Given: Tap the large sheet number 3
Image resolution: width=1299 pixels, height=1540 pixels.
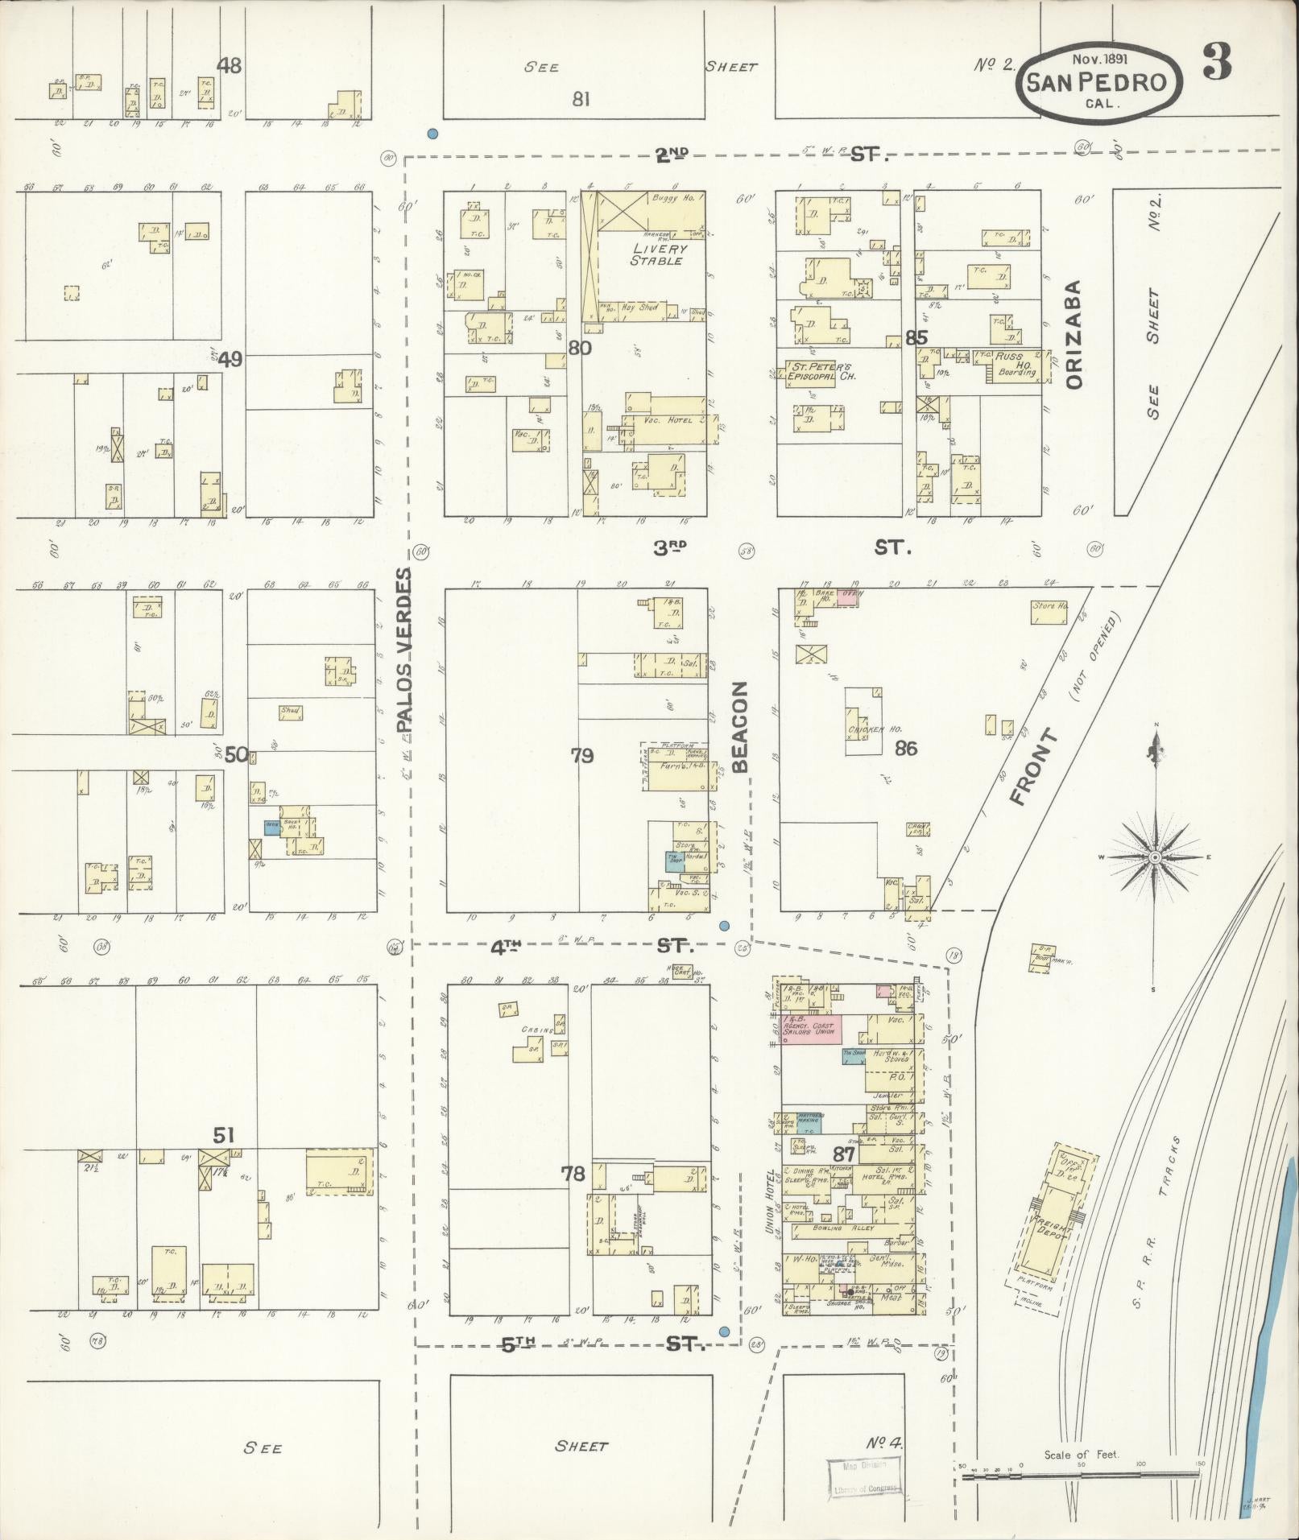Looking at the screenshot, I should (1217, 63).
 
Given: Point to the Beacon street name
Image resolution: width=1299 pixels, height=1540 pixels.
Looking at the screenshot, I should (741, 727).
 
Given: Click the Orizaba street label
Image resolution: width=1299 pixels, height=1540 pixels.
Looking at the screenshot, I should (1075, 334).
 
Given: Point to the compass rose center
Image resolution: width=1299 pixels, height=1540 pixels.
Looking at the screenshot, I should (1154, 857).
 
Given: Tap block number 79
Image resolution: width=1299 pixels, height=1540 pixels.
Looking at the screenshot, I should (581, 755).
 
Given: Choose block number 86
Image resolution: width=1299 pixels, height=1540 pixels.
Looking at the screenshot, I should (906, 748).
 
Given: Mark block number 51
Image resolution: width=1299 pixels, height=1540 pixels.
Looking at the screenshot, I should (223, 1135).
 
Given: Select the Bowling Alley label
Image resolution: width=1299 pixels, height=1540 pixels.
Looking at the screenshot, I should (838, 1250).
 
